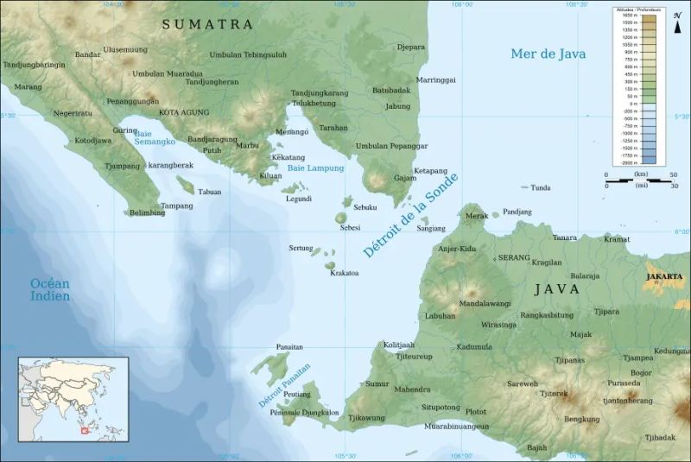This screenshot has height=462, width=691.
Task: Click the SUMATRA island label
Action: pos(208,25)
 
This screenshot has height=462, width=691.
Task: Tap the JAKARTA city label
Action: pos(663,277)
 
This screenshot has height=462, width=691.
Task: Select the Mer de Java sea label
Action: pos(548,54)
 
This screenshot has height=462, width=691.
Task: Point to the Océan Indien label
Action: pos(49,290)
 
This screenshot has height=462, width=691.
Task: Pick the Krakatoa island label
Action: pos(344,273)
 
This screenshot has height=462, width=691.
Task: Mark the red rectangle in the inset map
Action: pos(85,429)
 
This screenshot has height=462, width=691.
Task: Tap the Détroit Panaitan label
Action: pos(284,385)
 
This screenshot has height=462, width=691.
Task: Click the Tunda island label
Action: pos(541,187)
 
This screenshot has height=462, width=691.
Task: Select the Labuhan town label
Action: pos(440,316)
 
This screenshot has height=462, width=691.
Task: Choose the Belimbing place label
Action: pos(147,213)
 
